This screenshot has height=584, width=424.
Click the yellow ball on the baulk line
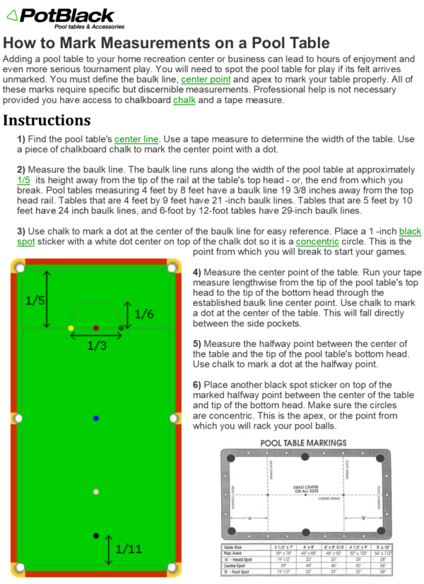point(70,328)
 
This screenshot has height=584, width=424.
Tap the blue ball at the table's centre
point(96,419)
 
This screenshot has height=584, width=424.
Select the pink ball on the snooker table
point(96,491)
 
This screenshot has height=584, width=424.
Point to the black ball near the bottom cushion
point(96,536)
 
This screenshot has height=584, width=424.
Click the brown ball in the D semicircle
point(96,328)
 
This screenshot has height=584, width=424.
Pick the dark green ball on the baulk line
point(121,328)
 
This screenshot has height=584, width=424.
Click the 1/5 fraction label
point(35,299)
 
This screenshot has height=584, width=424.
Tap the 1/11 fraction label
point(129,548)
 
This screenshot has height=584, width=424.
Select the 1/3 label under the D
point(97,345)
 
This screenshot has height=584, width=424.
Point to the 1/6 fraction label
point(143,314)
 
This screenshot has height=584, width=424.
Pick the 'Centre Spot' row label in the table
point(235,565)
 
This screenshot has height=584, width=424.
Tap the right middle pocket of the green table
point(174,418)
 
